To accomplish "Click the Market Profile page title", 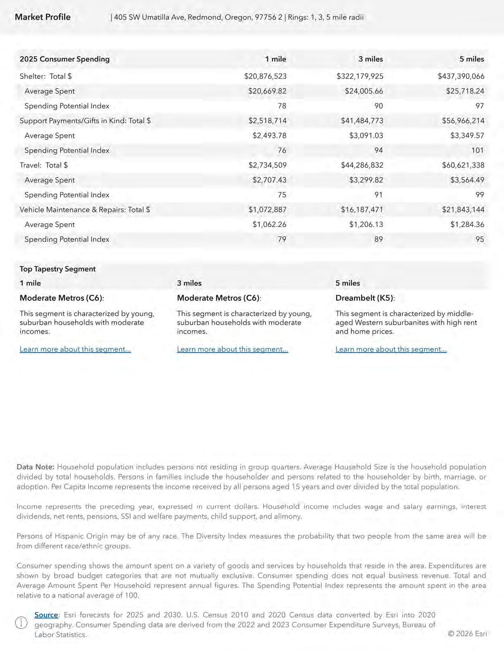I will pos(43,17).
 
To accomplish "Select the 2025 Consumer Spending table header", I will pos(64,59).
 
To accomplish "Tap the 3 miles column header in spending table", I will pos(370,59).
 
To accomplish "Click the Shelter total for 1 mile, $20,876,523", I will pos(265,76).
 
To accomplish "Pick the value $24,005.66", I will pos(364,91).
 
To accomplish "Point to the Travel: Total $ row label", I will pos(43,165).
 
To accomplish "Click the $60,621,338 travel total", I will pos(463,165).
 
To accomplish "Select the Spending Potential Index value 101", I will pos(477,150).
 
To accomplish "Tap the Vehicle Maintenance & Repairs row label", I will pos(85,209).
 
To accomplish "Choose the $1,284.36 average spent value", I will pos(467,224).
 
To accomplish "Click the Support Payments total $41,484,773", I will pos(362,121).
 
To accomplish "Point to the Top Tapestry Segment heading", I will pos(58,269).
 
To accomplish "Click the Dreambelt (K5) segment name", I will pos(364,298).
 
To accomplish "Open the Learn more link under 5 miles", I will pos(391,349).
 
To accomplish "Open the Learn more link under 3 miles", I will pos(232,349).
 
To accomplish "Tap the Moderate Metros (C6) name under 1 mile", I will pos(61,298).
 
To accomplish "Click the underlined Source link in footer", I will pos(46,615).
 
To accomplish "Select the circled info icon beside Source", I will pos(21,623).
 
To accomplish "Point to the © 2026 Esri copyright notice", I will pos(467,633).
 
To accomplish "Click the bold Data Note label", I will pos(35,467).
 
